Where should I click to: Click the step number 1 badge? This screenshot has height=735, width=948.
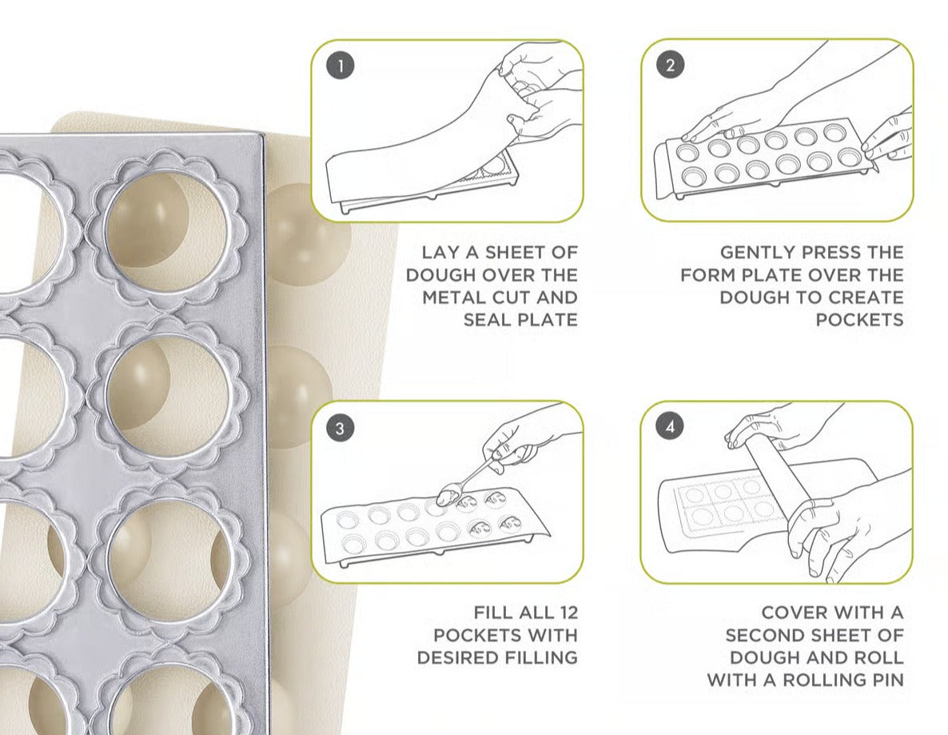tap(341, 66)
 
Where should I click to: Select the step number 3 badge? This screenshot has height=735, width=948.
tap(341, 428)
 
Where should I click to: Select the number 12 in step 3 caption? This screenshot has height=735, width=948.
tap(564, 613)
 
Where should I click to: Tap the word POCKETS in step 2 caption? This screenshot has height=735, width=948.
tap(860, 320)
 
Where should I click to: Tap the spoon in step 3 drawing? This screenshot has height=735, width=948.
tap(464, 485)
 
